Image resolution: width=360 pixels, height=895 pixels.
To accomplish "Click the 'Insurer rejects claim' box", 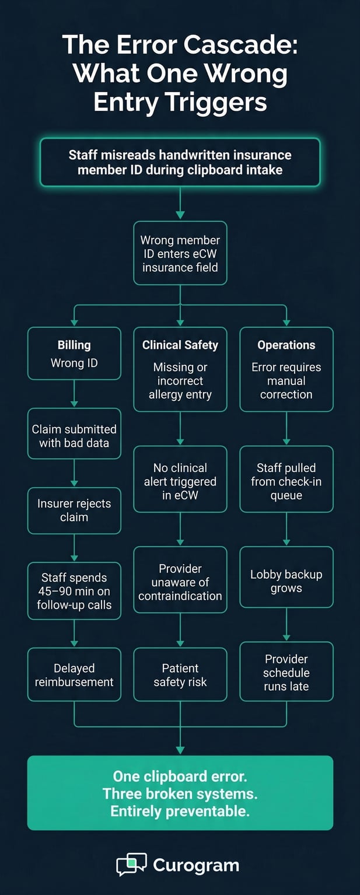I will (x=74, y=511).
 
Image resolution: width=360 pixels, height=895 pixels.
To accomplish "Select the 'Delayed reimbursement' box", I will (x=74, y=674).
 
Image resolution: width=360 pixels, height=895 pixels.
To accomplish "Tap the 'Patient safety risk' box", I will (x=180, y=674).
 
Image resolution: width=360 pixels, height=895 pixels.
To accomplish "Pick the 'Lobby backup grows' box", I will (x=286, y=581).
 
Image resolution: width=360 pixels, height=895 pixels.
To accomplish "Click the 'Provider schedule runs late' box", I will (x=286, y=672).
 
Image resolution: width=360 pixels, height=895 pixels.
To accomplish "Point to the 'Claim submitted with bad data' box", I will (x=74, y=436).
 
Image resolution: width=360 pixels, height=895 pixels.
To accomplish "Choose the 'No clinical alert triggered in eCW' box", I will (x=180, y=481).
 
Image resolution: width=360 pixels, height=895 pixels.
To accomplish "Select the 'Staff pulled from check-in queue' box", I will (x=286, y=481).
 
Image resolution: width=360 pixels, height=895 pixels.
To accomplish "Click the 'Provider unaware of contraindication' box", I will (x=180, y=582).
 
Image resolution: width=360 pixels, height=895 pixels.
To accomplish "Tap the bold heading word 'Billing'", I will (x=74, y=345).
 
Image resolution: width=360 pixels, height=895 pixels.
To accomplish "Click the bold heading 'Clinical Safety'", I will (x=180, y=345).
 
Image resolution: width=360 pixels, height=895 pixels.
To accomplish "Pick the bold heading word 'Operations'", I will (x=286, y=345).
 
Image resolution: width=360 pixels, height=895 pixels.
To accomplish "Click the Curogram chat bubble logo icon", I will (x=131, y=864).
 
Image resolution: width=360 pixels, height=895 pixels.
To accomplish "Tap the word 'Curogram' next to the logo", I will (x=196, y=865).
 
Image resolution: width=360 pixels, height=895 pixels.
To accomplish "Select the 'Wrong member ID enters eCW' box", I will (x=180, y=253).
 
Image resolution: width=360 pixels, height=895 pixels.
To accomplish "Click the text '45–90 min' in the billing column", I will (x=74, y=591).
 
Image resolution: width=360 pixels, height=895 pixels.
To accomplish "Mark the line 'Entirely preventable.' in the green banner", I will (x=180, y=810).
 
